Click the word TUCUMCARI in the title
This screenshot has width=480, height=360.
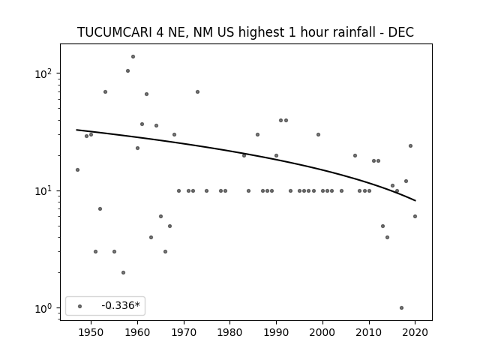[x=115, y=32]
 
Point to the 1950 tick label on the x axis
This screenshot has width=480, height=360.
[x=91, y=332]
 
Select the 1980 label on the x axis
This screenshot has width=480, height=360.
[x=229, y=332]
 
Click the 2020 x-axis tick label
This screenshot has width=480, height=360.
[x=415, y=332]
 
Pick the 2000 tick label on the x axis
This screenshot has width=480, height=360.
[x=322, y=332]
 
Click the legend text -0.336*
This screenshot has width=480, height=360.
[x=121, y=305]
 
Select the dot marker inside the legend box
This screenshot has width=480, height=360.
[x=80, y=306]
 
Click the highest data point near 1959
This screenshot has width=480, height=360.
[x=133, y=57]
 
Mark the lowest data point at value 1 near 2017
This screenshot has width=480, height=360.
[x=401, y=308]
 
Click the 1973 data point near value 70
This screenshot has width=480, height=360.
[x=197, y=91]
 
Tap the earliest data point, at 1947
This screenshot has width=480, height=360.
[x=77, y=170]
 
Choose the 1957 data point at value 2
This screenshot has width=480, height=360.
[x=123, y=272]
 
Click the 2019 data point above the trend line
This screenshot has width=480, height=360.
[x=410, y=145]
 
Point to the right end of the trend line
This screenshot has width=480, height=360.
[x=415, y=200]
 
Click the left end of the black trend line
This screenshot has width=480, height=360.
[x=76, y=130]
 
